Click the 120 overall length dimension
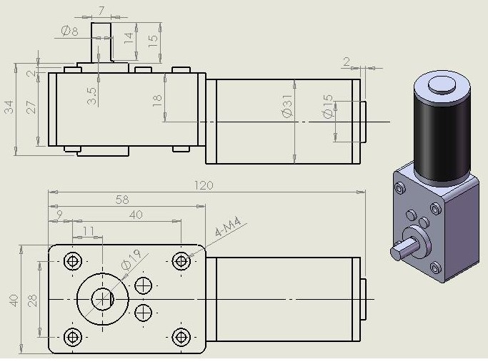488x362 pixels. click(x=205, y=185)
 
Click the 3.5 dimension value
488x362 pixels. click(x=92, y=96)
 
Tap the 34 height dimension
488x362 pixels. click(x=9, y=108)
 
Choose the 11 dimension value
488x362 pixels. click(x=88, y=230)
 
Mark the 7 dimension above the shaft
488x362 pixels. click(x=101, y=10)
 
